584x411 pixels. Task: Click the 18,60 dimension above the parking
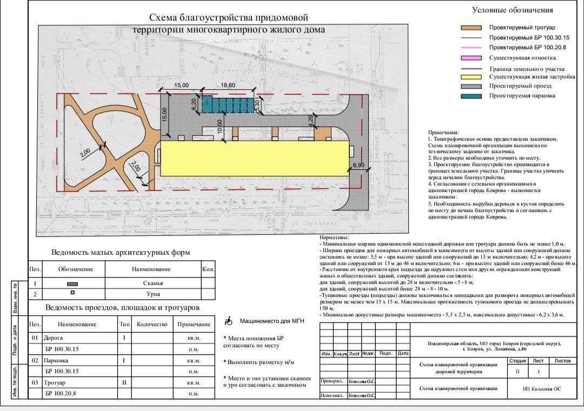[228, 85]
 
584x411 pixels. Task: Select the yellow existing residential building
[254, 158]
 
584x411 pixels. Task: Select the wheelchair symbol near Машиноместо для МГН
[228, 322]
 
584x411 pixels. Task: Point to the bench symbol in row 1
[72, 284]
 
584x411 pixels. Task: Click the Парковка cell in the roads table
[57, 360]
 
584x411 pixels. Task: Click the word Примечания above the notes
[443, 132]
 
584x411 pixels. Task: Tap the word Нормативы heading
[334, 238]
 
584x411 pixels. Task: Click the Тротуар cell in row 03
[56, 382]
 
